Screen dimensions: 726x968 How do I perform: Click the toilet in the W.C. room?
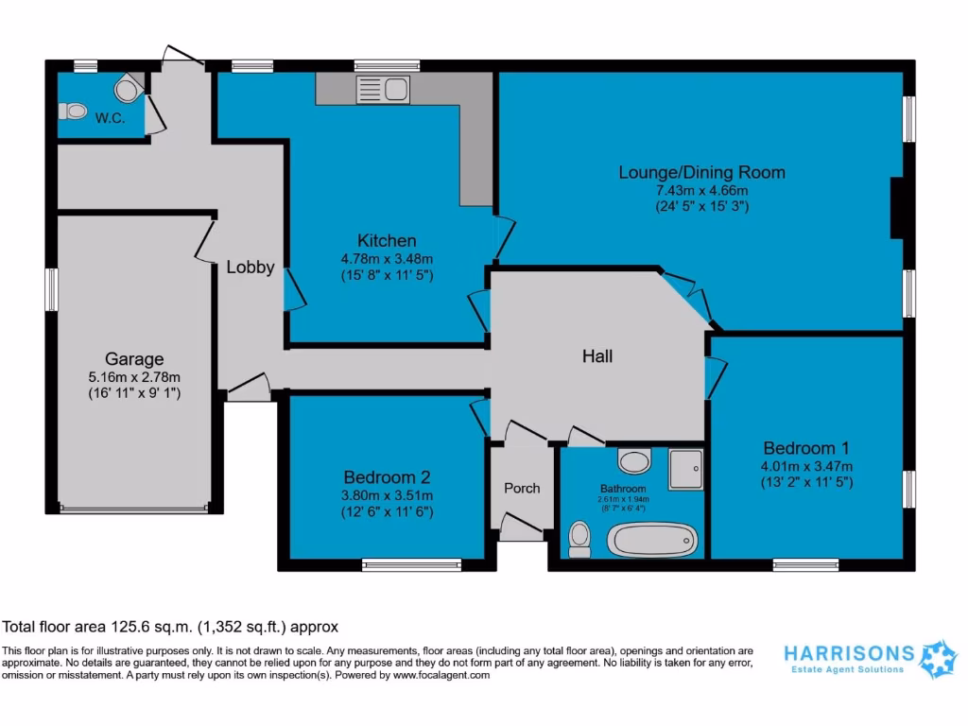pos(73,112)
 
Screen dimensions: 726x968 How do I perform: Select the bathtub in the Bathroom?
pos(652,540)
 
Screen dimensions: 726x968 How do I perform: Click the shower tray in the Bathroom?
pos(686,470)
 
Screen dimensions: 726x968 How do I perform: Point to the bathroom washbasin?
pos(634,461)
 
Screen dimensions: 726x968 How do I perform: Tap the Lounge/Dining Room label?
pos(701,172)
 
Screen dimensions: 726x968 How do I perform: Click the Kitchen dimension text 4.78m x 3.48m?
pos(387,259)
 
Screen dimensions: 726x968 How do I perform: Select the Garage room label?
pos(133,359)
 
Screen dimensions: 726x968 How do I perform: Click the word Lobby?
pos(251,268)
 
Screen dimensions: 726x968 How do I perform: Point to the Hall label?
pos(596,356)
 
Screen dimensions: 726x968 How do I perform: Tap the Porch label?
pos(522,488)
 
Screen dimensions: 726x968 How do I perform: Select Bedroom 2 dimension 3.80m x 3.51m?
pos(388,495)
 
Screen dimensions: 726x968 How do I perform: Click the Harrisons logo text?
pos(849,653)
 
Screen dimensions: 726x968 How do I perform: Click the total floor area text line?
pos(170,626)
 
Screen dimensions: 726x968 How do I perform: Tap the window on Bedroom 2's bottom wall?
pos(411,565)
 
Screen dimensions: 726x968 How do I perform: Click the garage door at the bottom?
pos(133,509)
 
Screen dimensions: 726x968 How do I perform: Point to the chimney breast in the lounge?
pos(898,207)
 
